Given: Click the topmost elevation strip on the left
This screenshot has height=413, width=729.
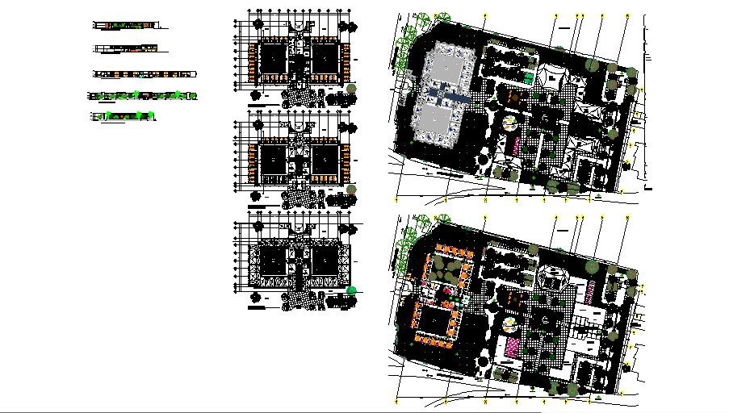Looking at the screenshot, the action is pos(125,26).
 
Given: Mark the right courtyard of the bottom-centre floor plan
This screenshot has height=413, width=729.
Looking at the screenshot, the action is pos(326,262).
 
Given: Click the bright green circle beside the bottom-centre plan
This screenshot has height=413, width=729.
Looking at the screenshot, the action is pos(351,290).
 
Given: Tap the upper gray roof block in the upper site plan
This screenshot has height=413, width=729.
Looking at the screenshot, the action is pos(450,65).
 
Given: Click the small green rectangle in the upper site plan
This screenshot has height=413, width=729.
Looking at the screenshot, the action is pos(527,77).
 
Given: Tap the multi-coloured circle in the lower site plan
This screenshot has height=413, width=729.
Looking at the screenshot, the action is pos(510,324).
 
